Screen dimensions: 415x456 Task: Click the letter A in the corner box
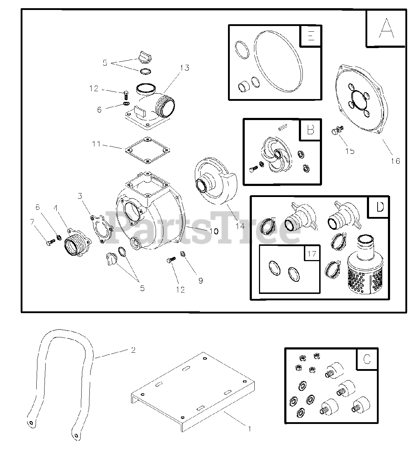387,28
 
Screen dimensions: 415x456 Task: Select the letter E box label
311,36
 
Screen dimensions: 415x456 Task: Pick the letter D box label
380,207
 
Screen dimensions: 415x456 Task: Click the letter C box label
367,359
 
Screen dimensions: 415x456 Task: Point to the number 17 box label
312,253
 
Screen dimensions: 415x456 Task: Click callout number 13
185,68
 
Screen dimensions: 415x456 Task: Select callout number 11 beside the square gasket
96,144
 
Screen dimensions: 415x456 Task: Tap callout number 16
395,161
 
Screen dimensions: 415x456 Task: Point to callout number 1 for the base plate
250,429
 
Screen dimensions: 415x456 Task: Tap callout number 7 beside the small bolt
32,222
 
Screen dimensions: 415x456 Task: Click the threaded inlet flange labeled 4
78,242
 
